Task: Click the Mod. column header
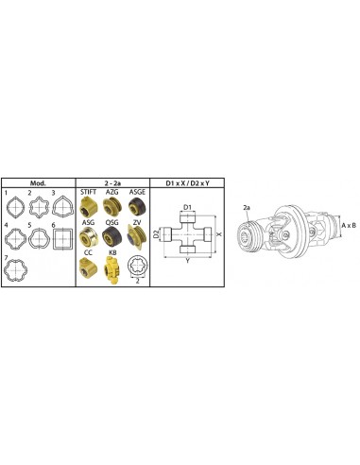pos(38,183)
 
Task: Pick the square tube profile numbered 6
pos(63,239)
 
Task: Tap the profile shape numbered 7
pos(14,270)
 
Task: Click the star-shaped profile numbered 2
pos(40,207)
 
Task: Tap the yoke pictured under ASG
pos(89,236)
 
